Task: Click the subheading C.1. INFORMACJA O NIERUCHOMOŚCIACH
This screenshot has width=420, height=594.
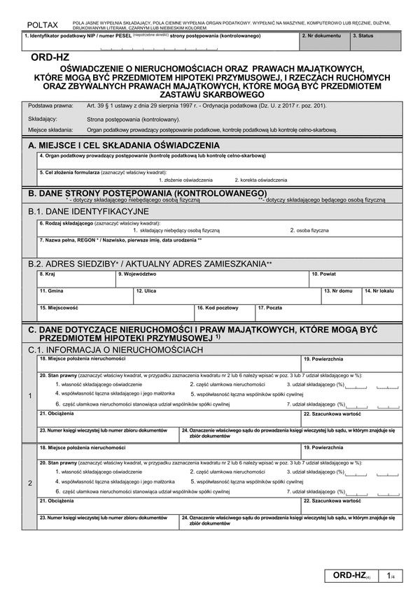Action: point(115,349)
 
